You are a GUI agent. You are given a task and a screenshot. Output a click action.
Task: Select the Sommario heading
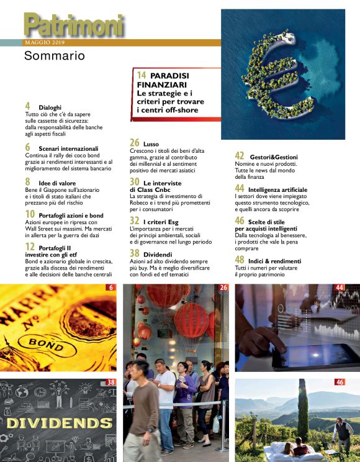pyautogui.click(x=54, y=57)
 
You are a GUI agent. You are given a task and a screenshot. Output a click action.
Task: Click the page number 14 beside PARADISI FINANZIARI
pyautogui.click(x=141, y=75)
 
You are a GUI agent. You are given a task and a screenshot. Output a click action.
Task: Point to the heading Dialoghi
pyautogui.click(x=50, y=107)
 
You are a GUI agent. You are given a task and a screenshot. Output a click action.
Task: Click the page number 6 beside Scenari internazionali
pyautogui.click(x=28, y=148)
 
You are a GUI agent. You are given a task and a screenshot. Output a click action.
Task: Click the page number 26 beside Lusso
pyautogui.click(x=135, y=143)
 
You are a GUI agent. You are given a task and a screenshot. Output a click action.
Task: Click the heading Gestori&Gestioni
pyautogui.click(x=274, y=157)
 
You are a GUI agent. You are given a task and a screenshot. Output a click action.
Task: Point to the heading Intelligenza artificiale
pyautogui.click(x=277, y=188)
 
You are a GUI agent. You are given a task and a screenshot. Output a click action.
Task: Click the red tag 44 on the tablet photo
pyautogui.click(x=340, y=288)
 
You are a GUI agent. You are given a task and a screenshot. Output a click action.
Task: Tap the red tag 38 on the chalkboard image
pyautogui.click(x=111, y=383)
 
